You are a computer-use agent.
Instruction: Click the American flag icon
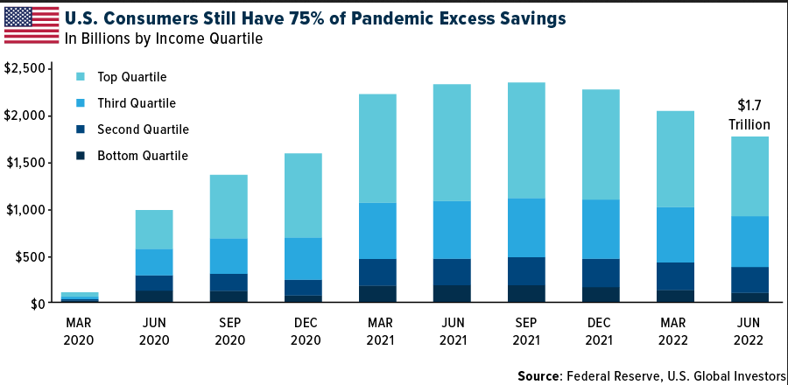(x=29, y=24)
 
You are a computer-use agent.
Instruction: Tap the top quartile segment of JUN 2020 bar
(x=154, y=229)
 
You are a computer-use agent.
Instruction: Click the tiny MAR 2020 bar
(x=79, y=297)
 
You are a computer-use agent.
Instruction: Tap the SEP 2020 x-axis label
(x=229, y=331)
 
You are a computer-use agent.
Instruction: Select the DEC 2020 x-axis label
(x=305, y=331)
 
